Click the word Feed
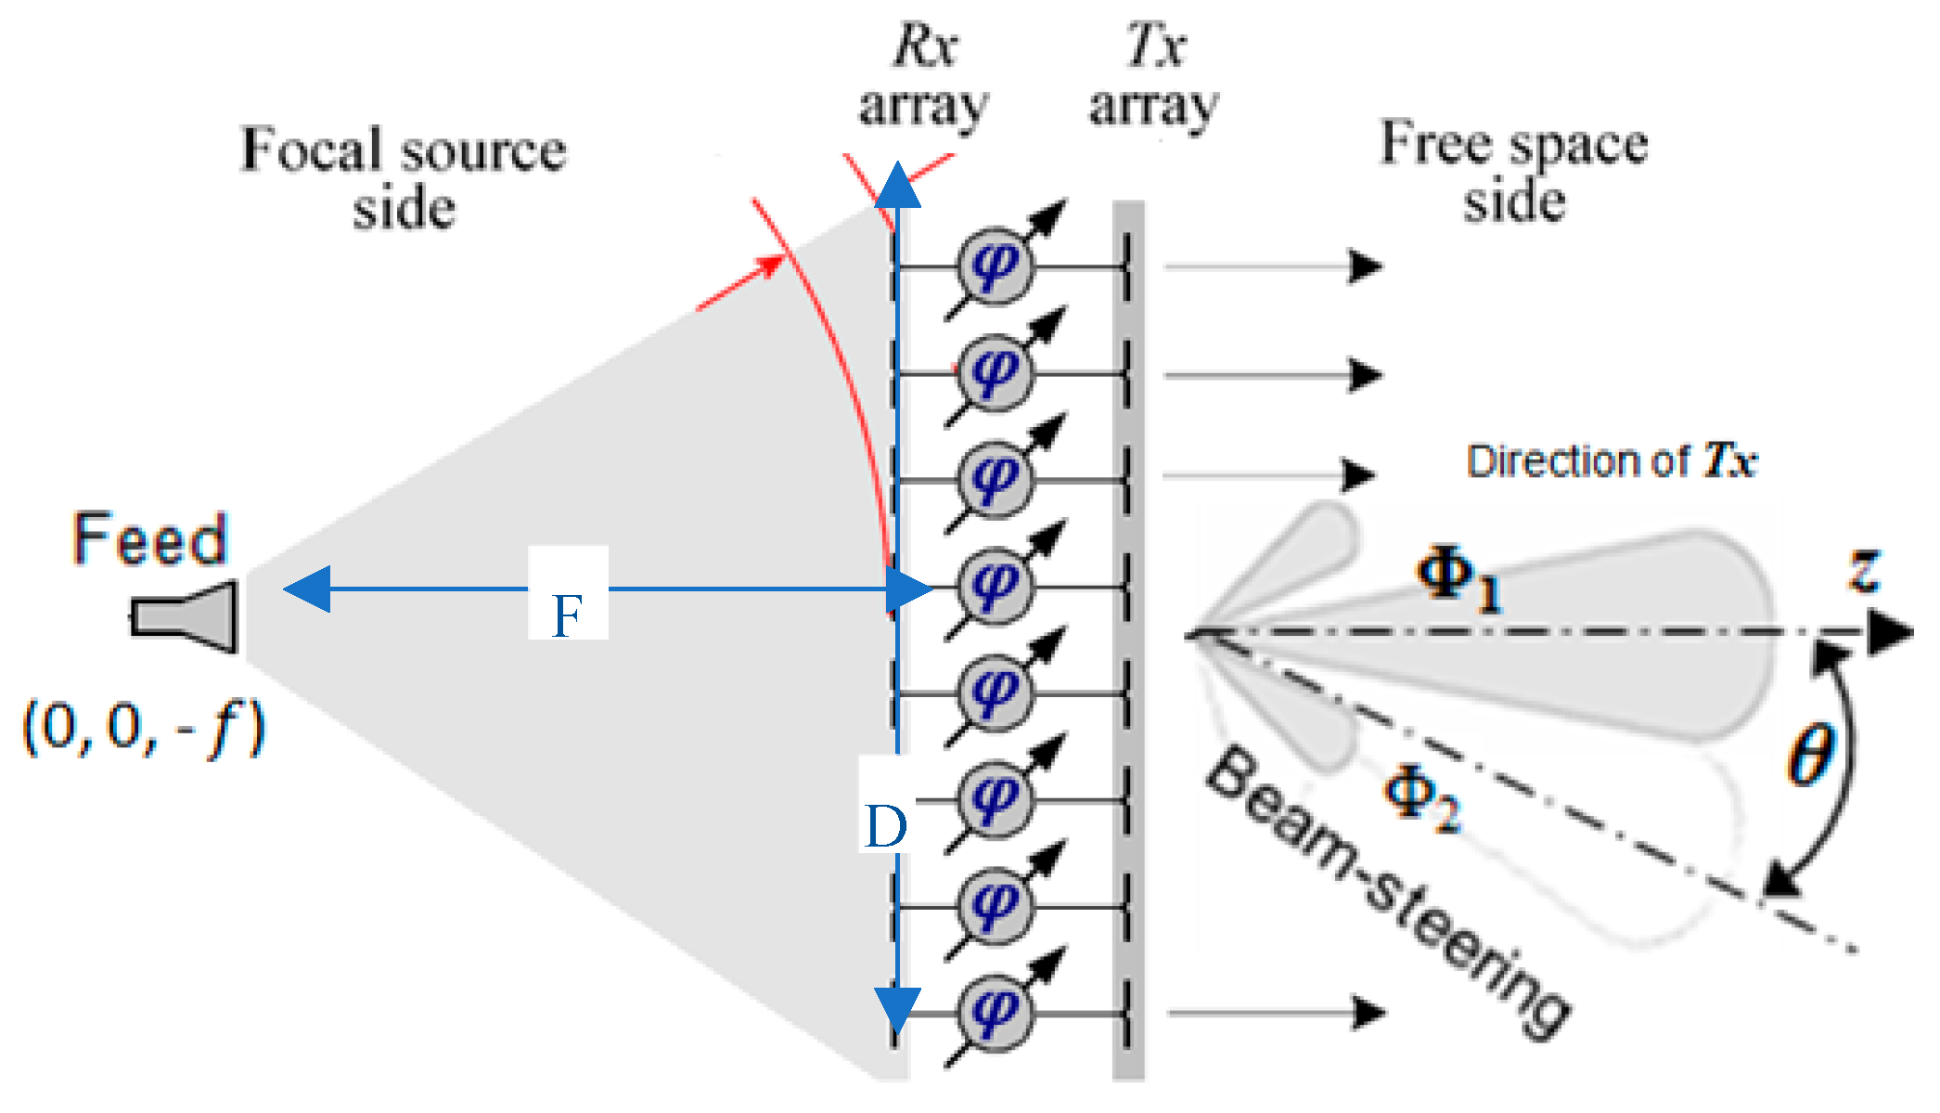150,539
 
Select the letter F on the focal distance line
567,615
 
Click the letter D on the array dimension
884,825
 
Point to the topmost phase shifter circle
994,265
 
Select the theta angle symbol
1811,754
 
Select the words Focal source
404,149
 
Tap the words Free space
1514,144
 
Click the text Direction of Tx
1611,461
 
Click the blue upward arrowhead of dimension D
897,186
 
